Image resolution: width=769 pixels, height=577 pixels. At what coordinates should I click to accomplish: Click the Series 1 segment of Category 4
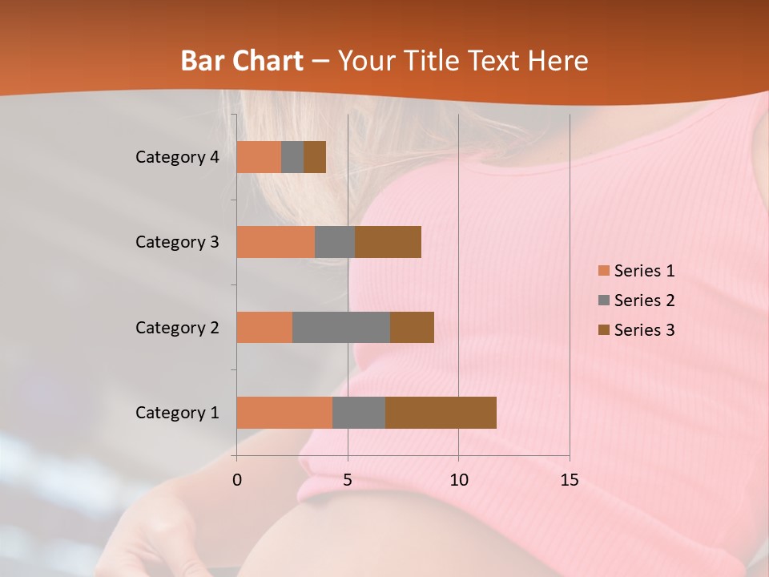259,157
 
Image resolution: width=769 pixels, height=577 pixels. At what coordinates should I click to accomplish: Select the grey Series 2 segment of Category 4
292,157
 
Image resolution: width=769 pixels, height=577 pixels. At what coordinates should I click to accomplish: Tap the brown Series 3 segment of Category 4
315,157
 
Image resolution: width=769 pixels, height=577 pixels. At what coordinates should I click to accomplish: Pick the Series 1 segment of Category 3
276,242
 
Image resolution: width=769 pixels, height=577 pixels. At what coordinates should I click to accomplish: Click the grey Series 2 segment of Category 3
335,242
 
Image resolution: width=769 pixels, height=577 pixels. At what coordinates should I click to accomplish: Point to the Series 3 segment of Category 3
388,242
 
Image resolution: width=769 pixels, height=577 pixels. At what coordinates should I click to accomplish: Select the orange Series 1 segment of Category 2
264,327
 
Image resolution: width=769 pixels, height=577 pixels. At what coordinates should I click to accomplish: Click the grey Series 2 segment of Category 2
341,327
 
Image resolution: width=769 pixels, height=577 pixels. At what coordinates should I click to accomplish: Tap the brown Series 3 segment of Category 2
412,327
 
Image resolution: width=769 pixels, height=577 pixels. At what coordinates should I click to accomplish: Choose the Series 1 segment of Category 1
284,413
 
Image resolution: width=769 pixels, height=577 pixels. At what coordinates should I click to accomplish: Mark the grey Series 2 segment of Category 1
359,413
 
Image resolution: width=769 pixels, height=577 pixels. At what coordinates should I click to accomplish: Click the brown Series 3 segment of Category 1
441,413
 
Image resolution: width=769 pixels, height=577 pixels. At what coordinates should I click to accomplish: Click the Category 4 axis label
177,157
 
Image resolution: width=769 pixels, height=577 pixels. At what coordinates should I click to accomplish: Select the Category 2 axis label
177,327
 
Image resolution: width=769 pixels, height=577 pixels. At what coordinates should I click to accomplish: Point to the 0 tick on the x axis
237,480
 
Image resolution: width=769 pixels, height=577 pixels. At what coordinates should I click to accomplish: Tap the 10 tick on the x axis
458,480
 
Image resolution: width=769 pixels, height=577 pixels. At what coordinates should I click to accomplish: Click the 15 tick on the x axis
569,480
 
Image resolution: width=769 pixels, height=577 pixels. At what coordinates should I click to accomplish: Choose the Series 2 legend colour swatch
603,301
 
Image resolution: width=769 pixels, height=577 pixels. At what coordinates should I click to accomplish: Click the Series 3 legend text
644,330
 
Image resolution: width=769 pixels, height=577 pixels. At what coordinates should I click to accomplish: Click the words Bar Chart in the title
242,61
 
